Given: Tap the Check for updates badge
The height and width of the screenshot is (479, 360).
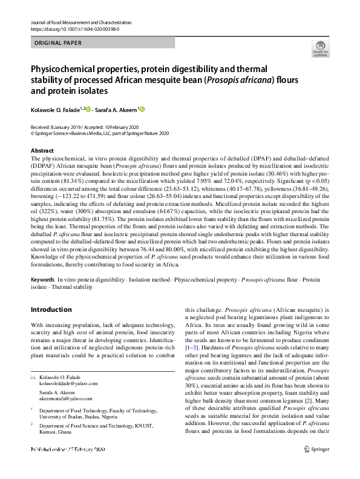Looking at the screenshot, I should tap(319, 48).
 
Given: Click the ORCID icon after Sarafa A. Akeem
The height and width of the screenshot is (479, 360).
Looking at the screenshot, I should tap(143, 110).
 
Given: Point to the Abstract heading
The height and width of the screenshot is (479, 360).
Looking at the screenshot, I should tap(42, 150).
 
